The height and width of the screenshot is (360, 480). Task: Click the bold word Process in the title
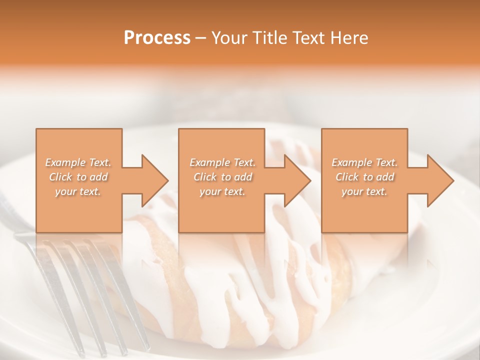(x=157, y=37)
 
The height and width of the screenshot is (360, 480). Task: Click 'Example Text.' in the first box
(x=78, y=162)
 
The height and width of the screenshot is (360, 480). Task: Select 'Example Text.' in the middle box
(x=222, y=162)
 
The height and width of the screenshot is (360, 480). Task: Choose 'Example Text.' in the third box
(x=364, y=162)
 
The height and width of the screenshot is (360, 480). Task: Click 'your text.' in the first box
(x=78, y=191)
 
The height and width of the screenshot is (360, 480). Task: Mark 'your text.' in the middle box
(x=222, y=191)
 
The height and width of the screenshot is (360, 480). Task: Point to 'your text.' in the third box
(x=364, y=191)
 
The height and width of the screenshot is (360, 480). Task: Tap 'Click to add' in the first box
(x=78, y=177)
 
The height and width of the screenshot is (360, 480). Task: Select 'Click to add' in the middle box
(x=222, y=177)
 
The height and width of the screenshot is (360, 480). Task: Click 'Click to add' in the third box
(x=364, y=177)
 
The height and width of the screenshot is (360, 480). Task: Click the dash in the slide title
(x=201, y=38)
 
